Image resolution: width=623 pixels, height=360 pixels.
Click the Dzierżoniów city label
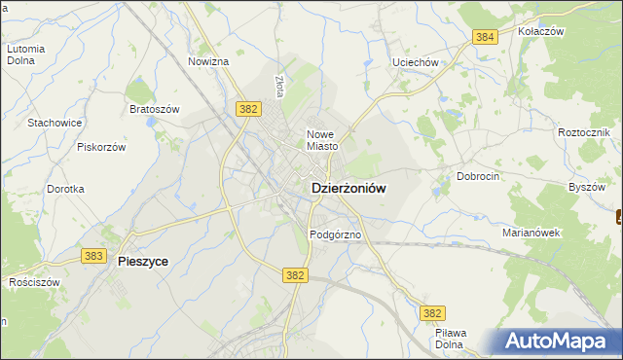pyautogui.click(x=348, y=192)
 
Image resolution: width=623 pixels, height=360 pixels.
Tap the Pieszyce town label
pyautogui.click(x=142, y=262)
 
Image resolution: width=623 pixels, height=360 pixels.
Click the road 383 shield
pyautogui.click(x=94, y=256)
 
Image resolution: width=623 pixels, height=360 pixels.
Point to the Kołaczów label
pyautogui.click(x=542, y=31)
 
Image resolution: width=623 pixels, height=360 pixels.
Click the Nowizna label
pyautogui.click(x=207, y=61)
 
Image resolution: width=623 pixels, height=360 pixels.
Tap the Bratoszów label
pyautogui.click(x=154, y=109)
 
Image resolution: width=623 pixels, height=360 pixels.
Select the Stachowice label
pyautogui.click(x=55, y=123)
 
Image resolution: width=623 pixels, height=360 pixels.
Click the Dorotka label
pyautogui.click(x=65, y=189)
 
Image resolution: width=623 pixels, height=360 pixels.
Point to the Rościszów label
pyautogui.click(x=34, y=282)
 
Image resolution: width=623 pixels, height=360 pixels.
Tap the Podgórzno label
pyautogui.click(x=336, y=234)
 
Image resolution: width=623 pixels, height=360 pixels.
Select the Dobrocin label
pyautogui.click(x=477, y=176)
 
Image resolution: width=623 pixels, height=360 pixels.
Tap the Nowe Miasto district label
pyautogui.click(x=322, y=140)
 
